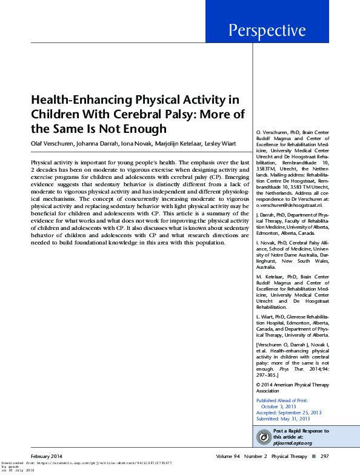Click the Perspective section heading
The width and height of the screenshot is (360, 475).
pos(267,30)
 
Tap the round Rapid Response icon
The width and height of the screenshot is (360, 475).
pos(264,436)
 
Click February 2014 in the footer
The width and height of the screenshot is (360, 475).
pos(47,455)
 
